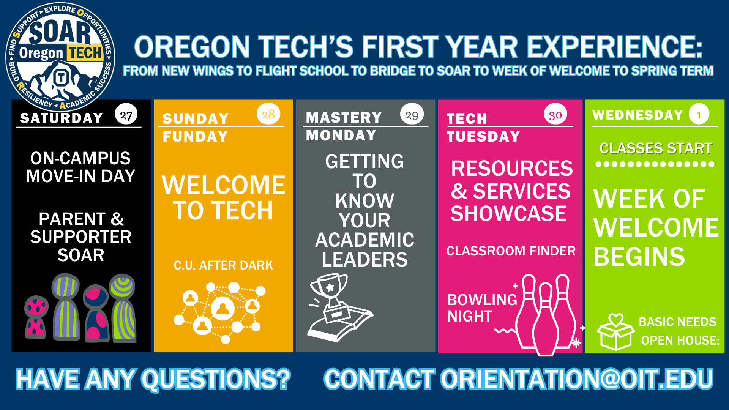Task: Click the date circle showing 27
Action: [x=126, y=115]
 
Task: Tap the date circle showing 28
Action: [x=268, y=114]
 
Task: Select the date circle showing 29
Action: [x=412, y=114]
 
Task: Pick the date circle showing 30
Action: [x=555, y=115]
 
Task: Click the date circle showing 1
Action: [x=699, y=114]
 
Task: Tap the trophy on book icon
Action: [x=336, y=307]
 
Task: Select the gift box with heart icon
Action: [x=615, y=331]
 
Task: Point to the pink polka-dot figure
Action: [x=36, y=317]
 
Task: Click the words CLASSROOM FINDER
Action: [x=511, y=251]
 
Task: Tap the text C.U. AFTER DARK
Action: [x=223, y=265]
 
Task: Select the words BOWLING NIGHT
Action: [x=481, y=308]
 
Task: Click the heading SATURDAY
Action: [x=62, y=118]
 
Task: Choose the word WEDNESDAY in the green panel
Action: [x=638, y=115]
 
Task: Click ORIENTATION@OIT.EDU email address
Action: [x=576, y=379]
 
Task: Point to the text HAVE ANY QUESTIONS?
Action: [x=153, y=379]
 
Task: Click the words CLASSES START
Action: [x=656, y=148]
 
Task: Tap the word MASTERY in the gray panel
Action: [x=344, y=117]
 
